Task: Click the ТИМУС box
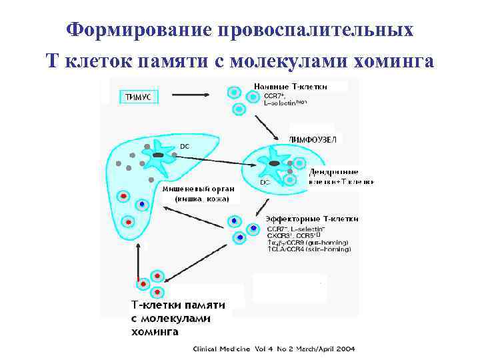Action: [x=138, y=97]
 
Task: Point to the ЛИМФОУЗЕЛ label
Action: [x=313, y=139]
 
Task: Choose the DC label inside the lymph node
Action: [x=265, y=181]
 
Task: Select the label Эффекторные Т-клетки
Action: [x=311, y=219]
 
